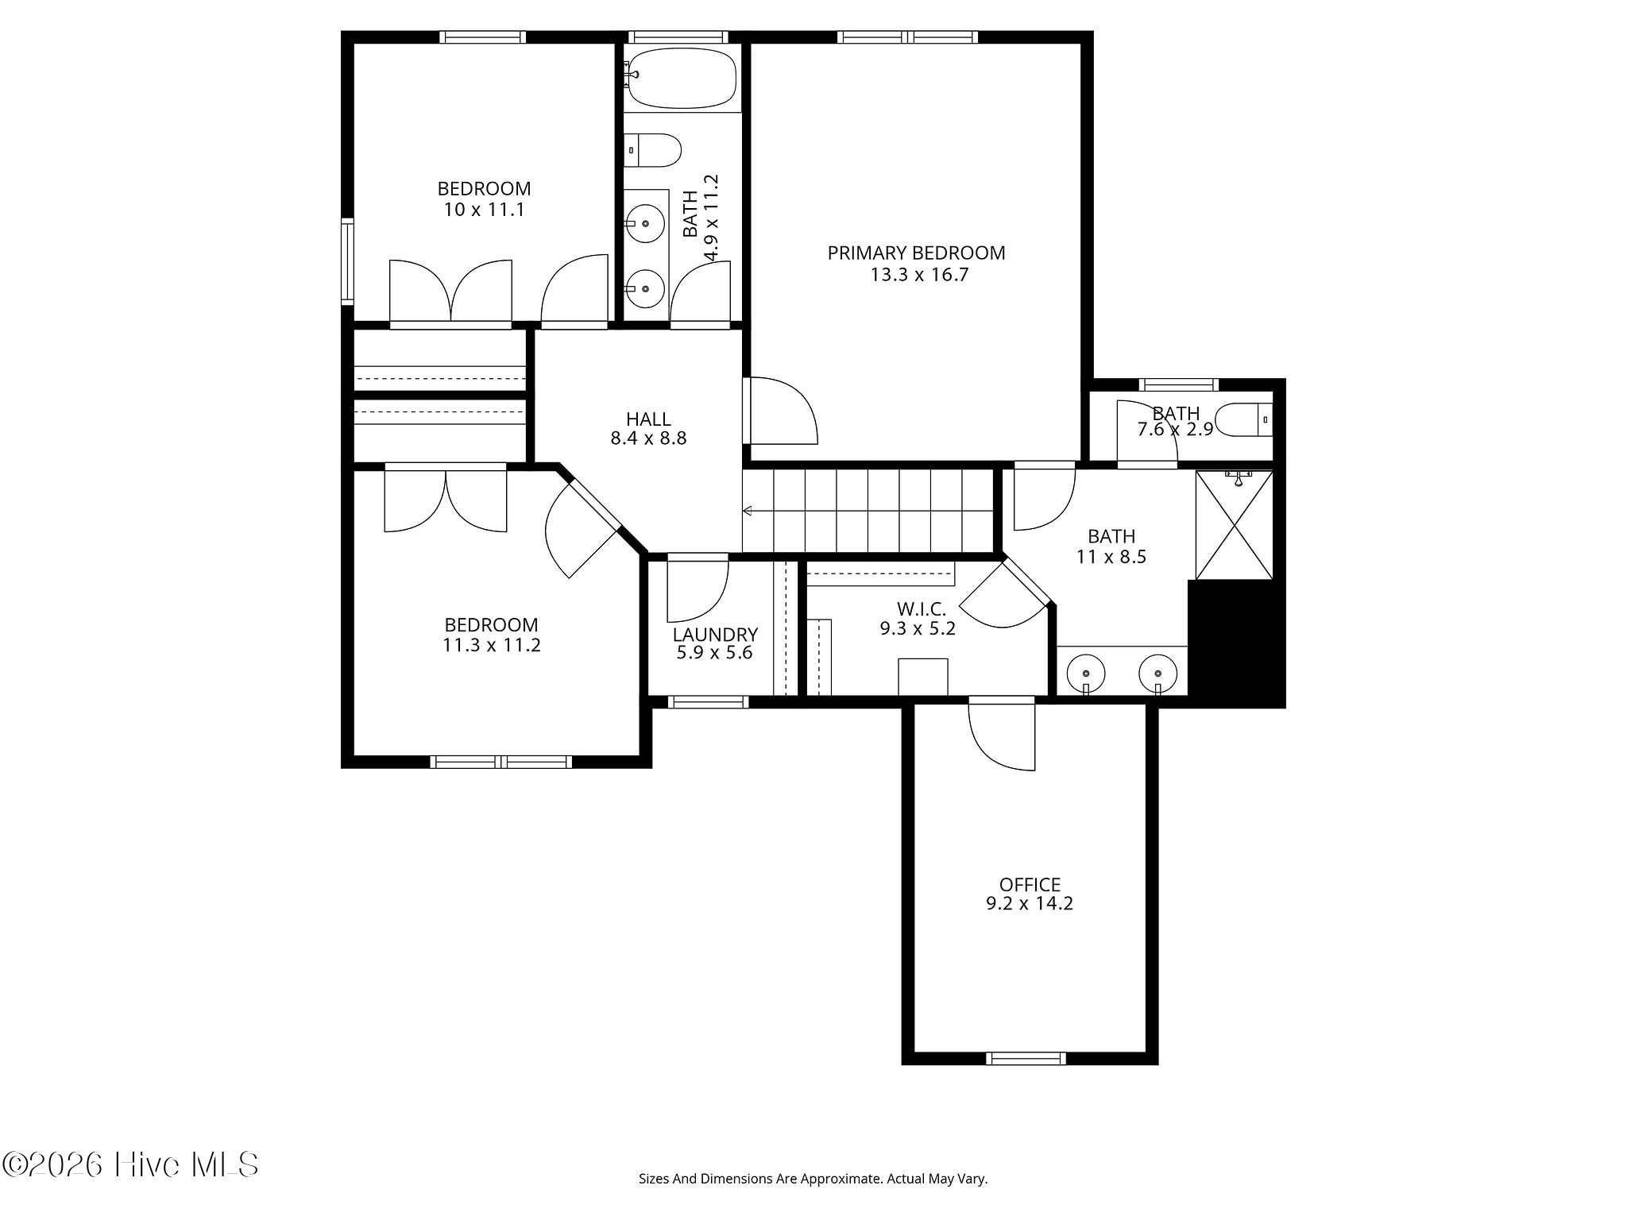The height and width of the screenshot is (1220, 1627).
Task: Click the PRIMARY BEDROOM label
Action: click(916, 253)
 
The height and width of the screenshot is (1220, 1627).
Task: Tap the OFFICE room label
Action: click(1030, 885)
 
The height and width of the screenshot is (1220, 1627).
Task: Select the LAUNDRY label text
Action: click(715, 635)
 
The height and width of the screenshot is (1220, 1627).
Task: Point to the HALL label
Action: click(648, 419)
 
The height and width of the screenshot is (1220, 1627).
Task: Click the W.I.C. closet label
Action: click(922, 609)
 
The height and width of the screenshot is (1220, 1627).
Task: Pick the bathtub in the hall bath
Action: click(682, 78)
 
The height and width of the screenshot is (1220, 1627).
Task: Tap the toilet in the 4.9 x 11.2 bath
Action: click(652, 150)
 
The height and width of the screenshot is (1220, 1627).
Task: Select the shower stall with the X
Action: click(1235, 525)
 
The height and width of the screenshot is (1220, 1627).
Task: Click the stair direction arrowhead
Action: click(748, 511)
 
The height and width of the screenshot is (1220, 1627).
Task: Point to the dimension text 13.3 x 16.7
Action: click(919, 276)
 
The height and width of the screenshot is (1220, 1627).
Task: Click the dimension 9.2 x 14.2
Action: click(1030, 904)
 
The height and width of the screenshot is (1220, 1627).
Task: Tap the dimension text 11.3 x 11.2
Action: click(492, 645)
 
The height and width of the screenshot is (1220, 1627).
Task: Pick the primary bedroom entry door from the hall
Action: click(781, 411)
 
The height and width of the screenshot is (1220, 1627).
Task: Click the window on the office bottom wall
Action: click(1026, 1058)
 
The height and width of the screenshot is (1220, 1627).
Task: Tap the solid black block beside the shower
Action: click(1236, 643)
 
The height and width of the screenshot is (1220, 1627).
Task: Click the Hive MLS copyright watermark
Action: click(130, 1164)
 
